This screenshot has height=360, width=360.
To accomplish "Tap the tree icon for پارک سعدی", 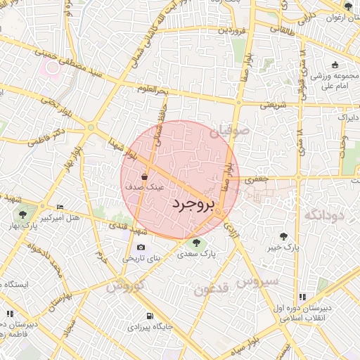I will (197, 243).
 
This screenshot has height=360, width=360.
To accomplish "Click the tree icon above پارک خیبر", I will (283, 237).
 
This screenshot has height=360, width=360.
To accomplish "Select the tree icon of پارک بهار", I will (23, 214).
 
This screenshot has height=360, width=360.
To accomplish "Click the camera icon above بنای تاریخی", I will (141, 247).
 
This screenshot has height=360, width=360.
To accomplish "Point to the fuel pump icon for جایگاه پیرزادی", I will (148, 316).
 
